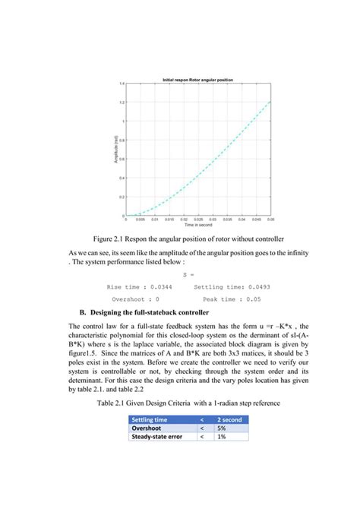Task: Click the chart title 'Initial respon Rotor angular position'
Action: (197, 80)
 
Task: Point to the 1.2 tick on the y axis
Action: (122, 102)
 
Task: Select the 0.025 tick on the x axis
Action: (197, 220)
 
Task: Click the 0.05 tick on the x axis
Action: (270, 220)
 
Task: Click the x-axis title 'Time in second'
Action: (197, 226)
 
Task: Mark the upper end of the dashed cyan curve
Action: (270, 101)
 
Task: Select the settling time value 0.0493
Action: (256, 287)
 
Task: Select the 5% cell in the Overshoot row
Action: (223, 428)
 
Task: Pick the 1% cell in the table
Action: (223, 437)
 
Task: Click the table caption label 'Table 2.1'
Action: (114, 403)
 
